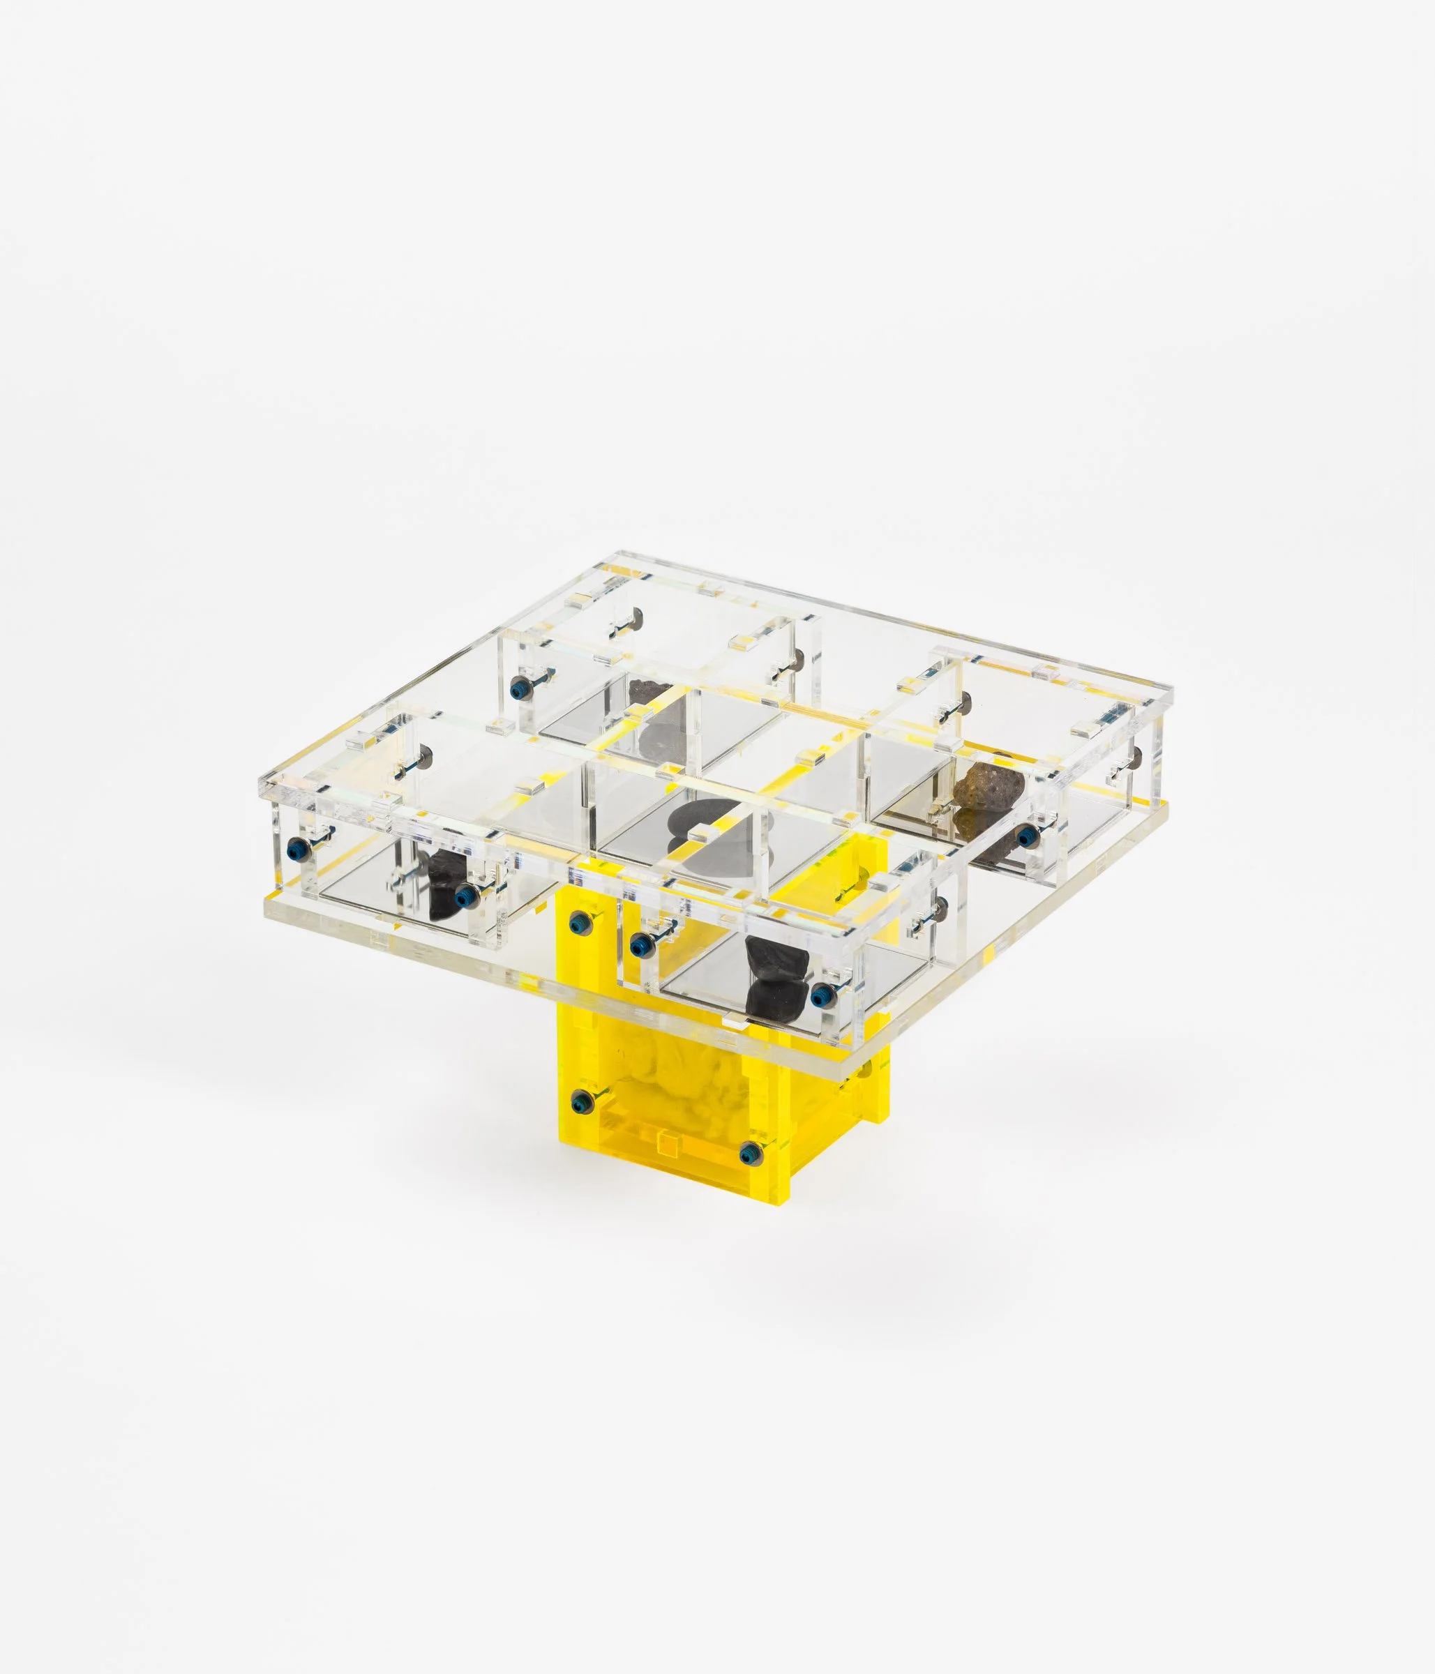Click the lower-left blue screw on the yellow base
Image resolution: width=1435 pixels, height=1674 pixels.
click(x=578, y=1101)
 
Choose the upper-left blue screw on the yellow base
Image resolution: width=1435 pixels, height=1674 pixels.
click(x=578, y=922)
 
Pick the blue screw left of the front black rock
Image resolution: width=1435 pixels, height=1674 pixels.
click(x=638, y=940)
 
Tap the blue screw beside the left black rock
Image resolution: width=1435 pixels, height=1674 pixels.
click(x=465, y=895)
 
